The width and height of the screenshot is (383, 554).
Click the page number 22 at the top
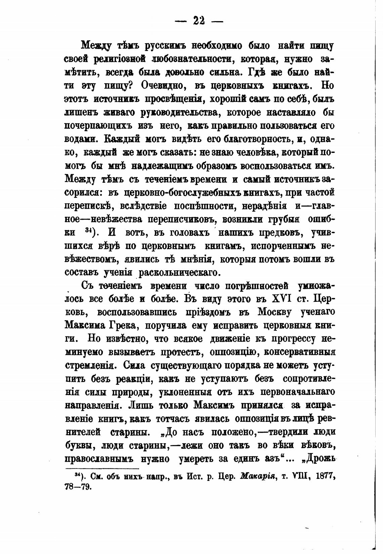[199, 21]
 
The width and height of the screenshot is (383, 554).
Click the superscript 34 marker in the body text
[89, 231]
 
